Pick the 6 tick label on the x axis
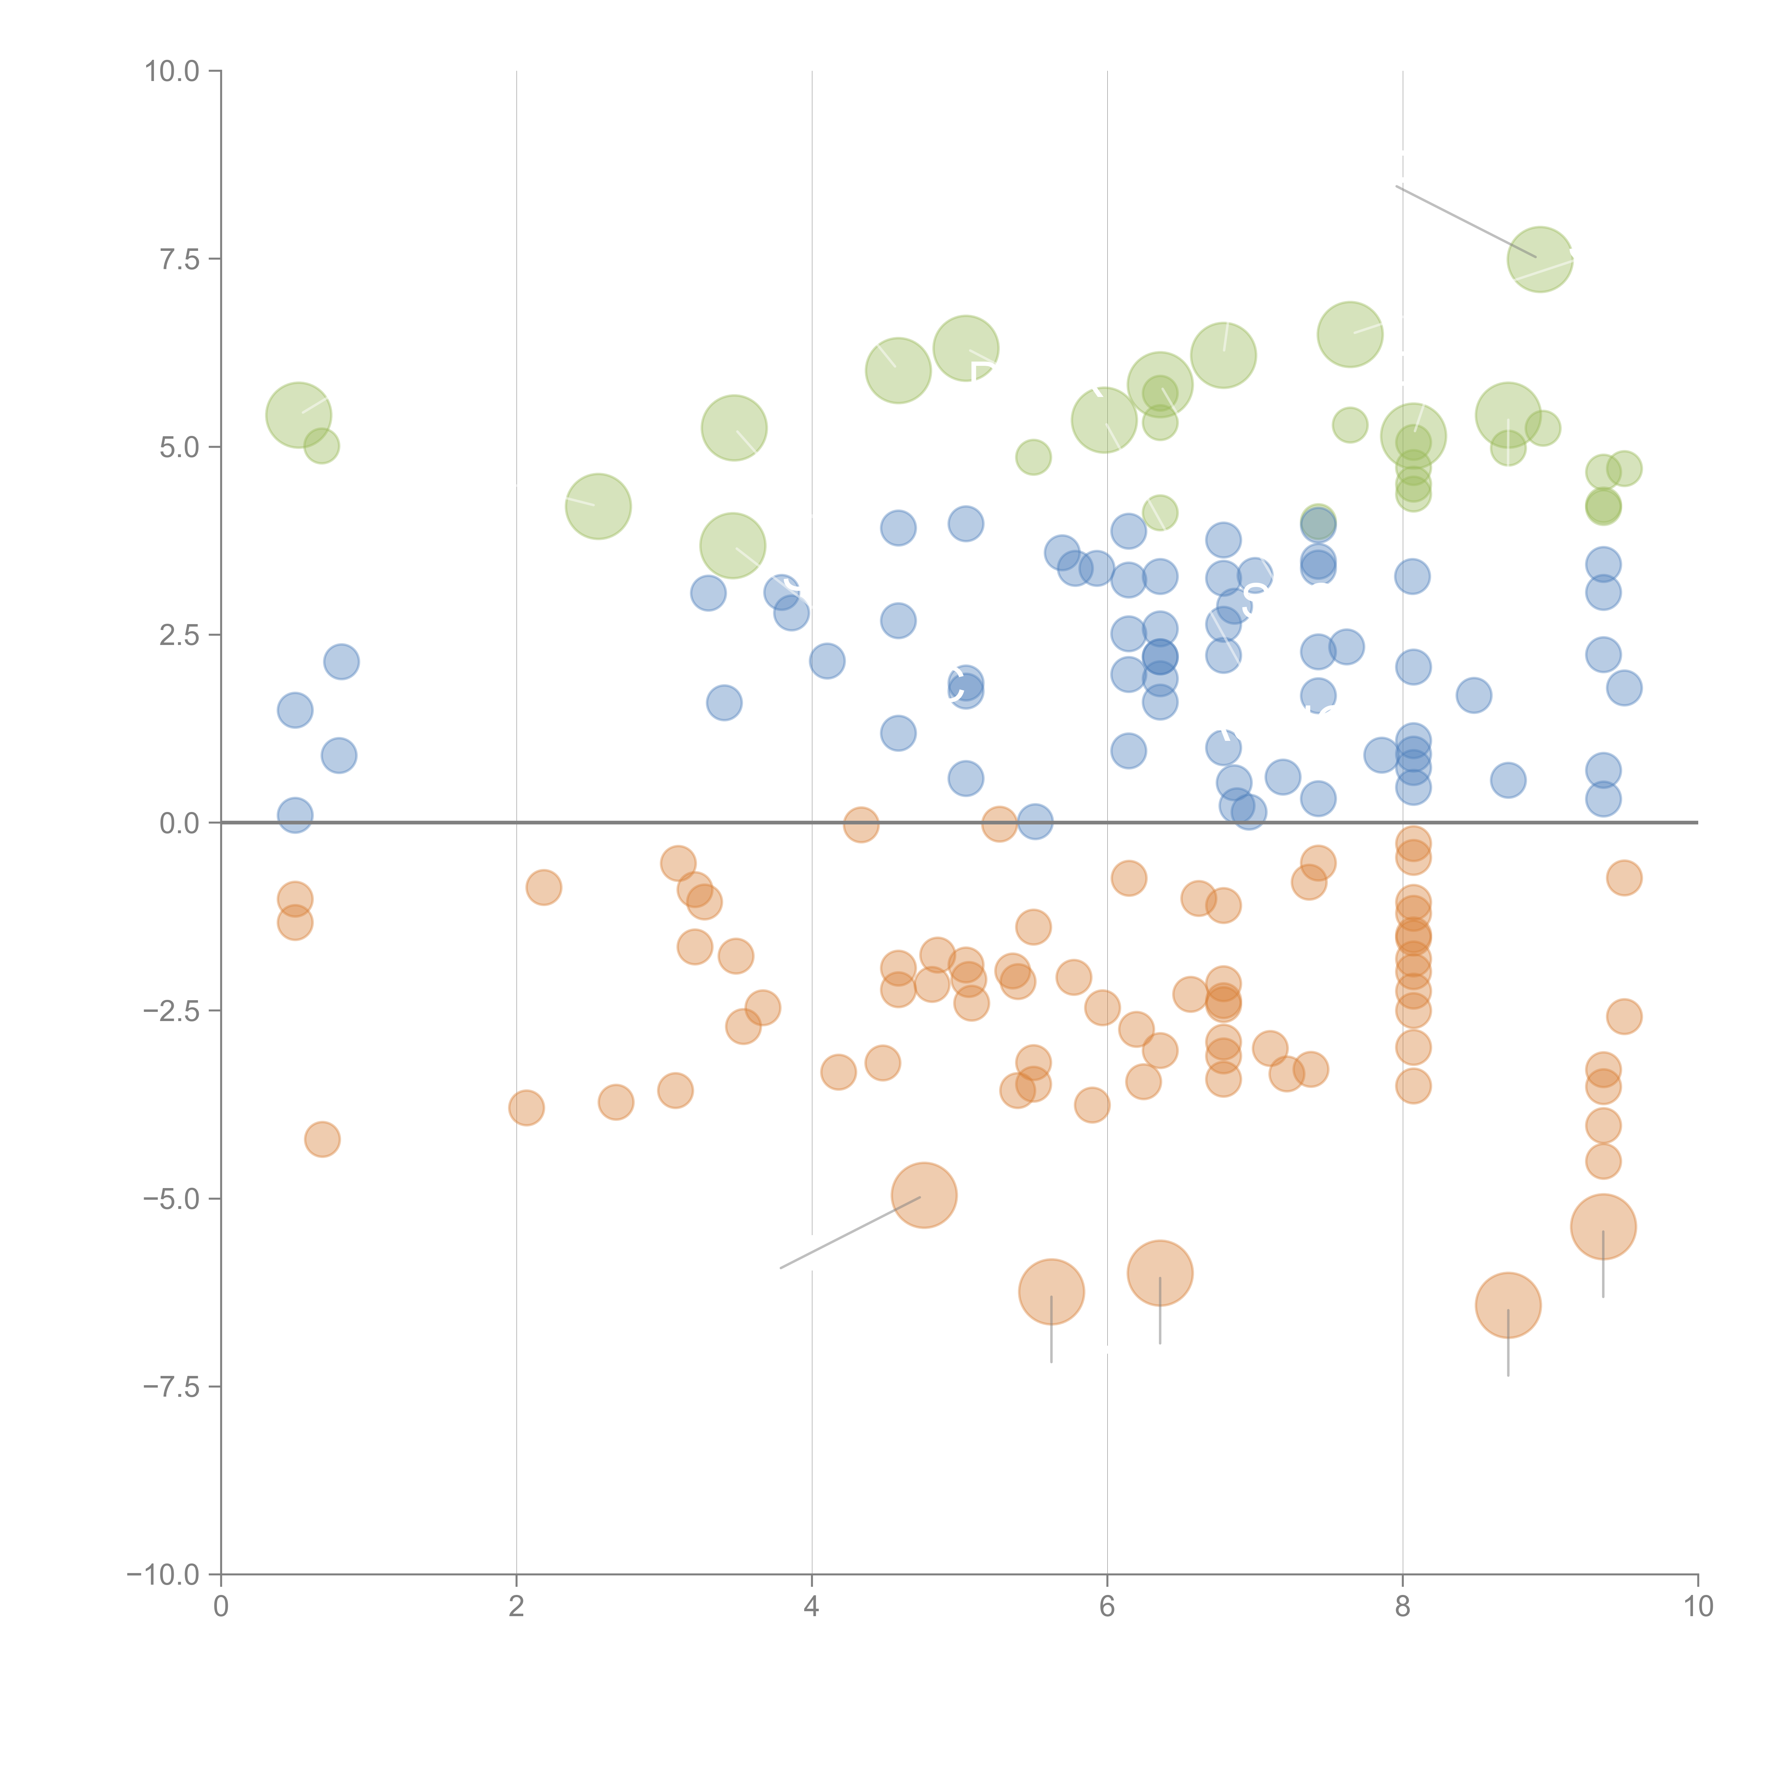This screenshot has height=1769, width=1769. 1107,1607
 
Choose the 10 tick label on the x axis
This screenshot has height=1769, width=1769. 1698,1607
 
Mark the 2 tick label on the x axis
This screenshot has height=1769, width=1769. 517,1607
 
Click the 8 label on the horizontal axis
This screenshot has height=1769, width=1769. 1403,1607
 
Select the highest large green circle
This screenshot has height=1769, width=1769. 1540,259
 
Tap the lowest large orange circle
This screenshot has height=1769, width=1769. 1508,1305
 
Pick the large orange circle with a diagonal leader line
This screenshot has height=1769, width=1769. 924,1195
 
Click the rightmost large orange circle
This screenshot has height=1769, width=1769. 1602,1227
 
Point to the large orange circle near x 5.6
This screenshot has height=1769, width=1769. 1051,1291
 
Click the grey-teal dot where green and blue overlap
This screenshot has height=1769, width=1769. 1318,523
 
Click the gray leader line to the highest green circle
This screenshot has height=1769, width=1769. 1465,221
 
